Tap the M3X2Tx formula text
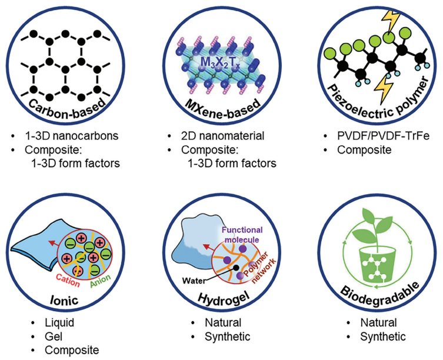(220, 59)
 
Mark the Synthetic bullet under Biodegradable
(380, 337)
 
